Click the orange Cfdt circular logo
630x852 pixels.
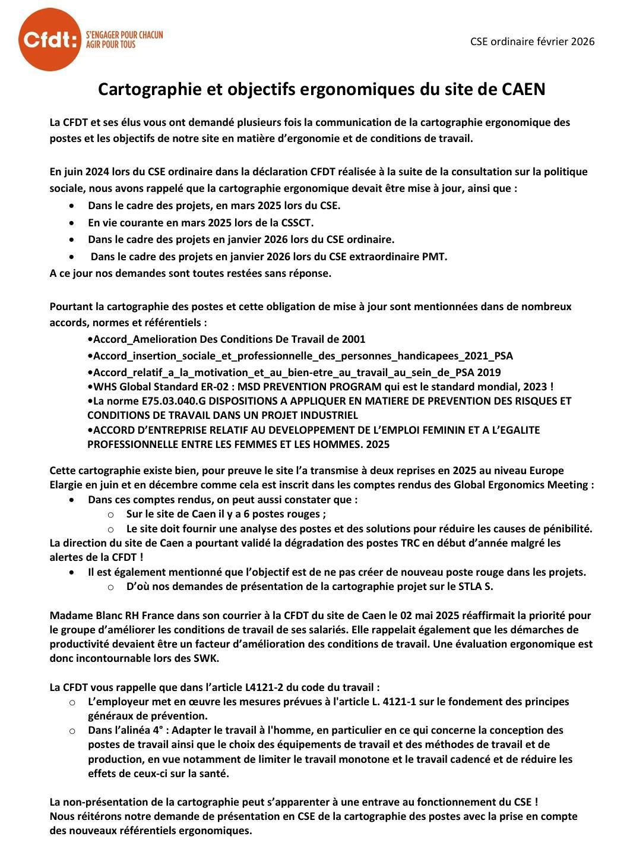[49, 40]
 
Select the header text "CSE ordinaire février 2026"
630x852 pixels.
[532, 41]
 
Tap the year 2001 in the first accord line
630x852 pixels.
[353, 339]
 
